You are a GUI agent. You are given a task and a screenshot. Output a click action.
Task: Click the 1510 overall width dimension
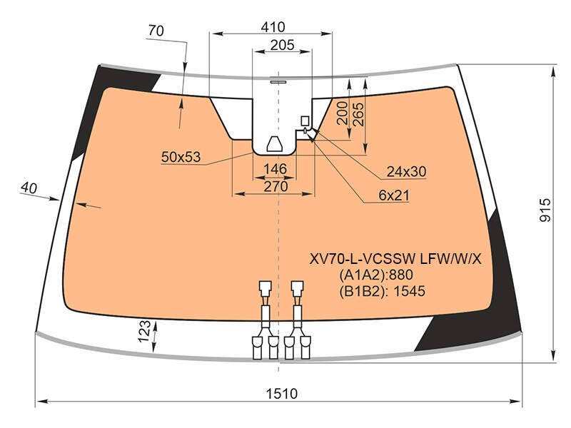coord(281,394)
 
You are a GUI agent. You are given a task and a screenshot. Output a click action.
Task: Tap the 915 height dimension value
coord(545,210)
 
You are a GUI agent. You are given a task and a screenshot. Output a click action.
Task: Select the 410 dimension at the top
coord(273,27)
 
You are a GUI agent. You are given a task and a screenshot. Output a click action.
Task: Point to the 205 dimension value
coord(282,45)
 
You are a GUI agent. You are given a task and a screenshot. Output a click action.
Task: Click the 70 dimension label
coord(156,31)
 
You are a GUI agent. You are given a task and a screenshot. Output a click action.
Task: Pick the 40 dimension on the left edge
coord(29,188)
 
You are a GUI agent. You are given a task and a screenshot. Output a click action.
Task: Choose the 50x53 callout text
coord(181,157)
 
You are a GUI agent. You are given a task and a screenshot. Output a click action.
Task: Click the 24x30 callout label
coord(406,171)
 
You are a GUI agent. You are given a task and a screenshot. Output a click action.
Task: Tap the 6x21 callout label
coord(394,195)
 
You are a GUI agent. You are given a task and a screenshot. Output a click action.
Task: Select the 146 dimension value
coord(276,169)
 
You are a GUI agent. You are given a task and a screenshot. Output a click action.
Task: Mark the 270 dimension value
coord(276,187)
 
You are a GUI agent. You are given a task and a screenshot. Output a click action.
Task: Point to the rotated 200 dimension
coord(343,113)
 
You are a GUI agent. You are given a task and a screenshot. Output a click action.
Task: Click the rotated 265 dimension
coord(358,114)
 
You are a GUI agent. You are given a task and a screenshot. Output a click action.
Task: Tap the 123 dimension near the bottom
coord(144,331)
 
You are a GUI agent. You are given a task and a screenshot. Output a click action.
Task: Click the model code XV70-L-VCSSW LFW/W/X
coord(395,259)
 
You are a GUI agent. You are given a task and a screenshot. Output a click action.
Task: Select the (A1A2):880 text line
coord(376,275)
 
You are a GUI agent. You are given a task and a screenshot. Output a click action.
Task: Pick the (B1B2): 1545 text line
coord(383,291)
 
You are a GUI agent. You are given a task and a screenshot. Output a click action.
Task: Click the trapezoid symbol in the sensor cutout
coord(275,145)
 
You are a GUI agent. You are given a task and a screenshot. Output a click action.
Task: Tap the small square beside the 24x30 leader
coord(305,121)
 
